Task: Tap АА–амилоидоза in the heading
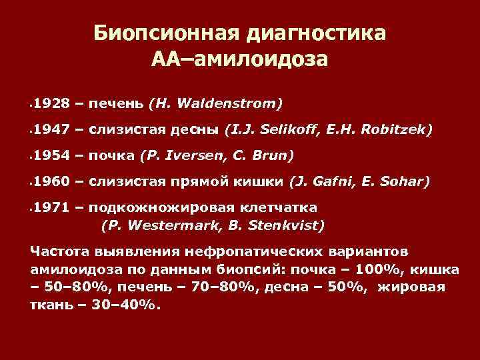tap(239, 60)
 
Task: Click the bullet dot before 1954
tap(31, 157)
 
